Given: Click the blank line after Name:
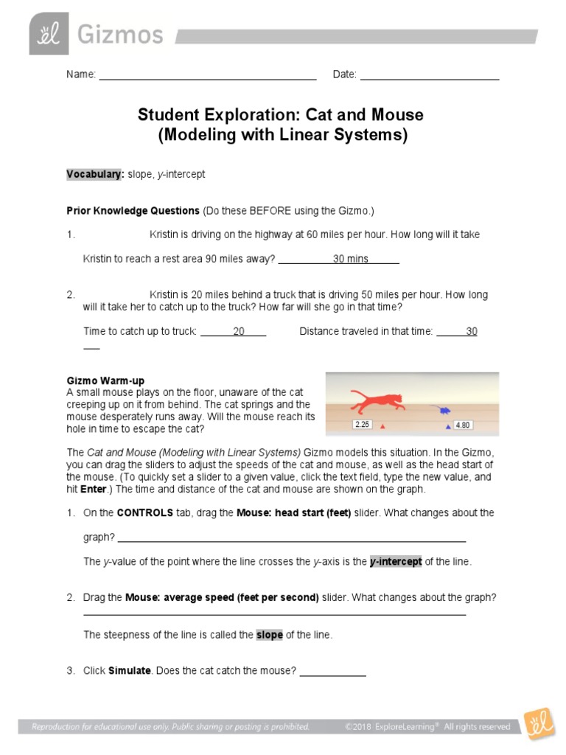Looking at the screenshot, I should [x=207, y=75].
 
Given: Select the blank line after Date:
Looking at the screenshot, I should [x=430, y=75].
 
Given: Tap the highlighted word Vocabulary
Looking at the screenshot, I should [x=94, y=174].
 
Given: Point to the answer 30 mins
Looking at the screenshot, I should [x=350, y=259].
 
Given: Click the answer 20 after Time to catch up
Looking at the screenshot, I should [x=239, y=332].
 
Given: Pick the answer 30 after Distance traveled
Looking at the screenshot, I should [x=472, y=332].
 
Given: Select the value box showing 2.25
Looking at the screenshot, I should [x=362, y=425].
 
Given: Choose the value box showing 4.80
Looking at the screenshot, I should [x=463, y=425].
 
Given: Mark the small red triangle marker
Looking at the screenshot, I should [x=382, y=427].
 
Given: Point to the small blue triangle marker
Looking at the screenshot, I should [x=447, y=427].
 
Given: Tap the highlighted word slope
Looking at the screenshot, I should [x=269, y=635].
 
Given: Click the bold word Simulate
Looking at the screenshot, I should [x=128, y=671].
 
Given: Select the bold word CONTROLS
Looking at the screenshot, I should [x=144, y=512].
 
